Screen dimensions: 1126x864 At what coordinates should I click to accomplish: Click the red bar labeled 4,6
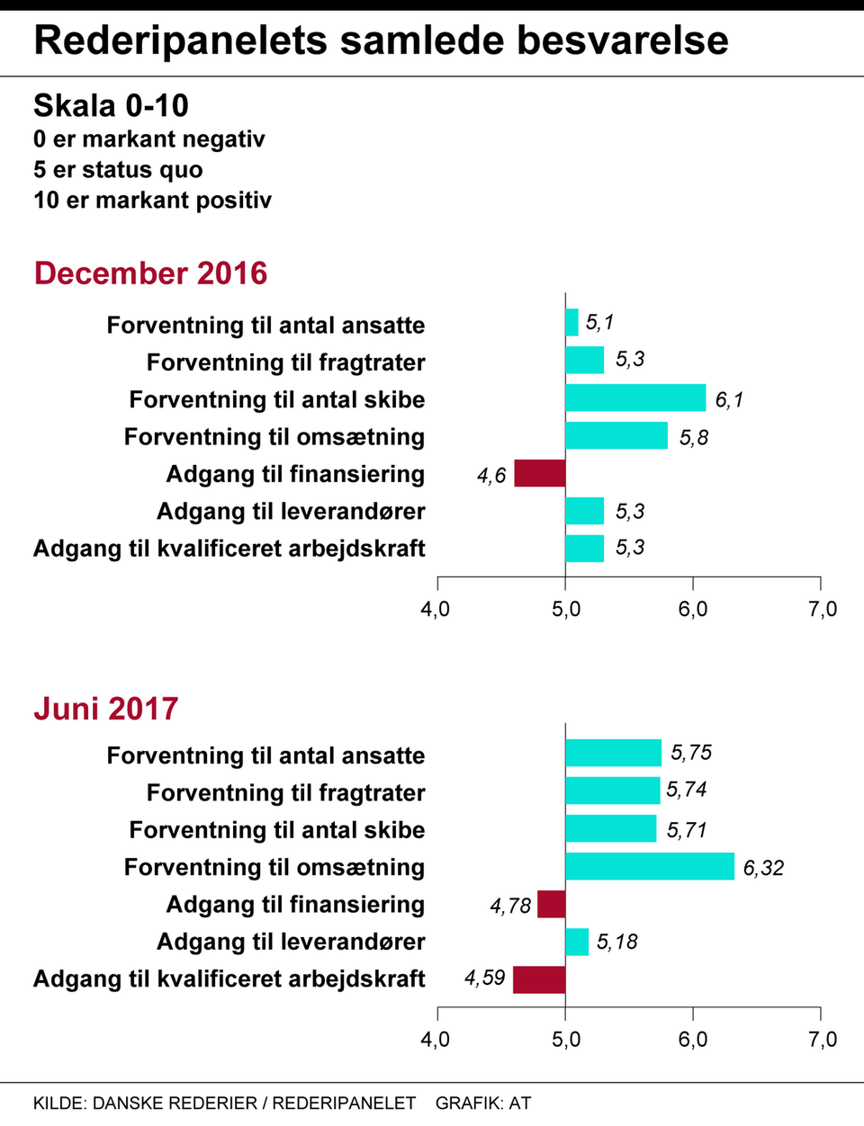click(539, 473)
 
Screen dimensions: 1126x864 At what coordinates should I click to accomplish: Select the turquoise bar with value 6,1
click(635, 398)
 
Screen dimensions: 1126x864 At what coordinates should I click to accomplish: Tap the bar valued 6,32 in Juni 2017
click(650, 866)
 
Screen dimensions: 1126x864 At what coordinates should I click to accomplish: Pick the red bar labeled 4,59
click(539, 979)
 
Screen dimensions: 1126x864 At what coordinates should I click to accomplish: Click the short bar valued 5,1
click(571, 322)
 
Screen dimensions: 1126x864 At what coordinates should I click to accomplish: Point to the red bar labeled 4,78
click(551, 904)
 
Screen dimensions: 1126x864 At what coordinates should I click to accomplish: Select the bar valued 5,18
click(577, 942)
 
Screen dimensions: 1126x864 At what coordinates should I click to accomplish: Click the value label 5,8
click(694, 438)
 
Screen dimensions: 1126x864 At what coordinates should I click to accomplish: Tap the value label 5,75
click(691, 753)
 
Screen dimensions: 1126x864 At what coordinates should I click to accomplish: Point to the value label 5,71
click(687, 830)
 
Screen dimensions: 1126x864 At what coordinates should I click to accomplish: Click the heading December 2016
click(150, 273)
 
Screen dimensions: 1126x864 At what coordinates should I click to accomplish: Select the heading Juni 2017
click(105, 709)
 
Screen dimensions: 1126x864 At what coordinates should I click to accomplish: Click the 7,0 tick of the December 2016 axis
click(823, 610)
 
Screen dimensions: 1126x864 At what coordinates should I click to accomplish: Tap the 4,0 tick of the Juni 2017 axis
click(436, 1040)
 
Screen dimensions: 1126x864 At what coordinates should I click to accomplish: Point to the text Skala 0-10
click(111, 106)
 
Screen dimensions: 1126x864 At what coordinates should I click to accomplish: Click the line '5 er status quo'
click(118, 170)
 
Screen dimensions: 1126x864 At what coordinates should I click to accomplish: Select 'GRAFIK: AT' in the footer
click(483, 1103)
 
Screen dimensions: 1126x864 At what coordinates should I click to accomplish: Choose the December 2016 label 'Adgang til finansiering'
click(295, 474)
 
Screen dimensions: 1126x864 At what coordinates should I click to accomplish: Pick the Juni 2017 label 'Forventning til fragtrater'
click(285, 793)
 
